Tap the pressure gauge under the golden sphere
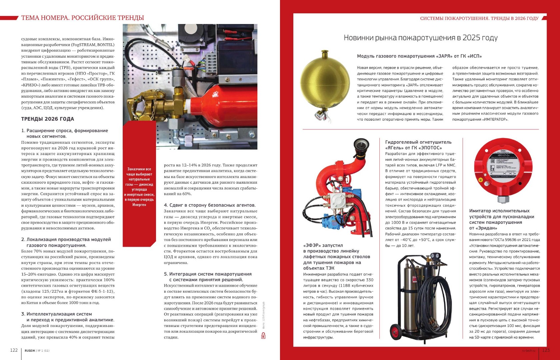317,115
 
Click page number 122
14,350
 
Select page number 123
546,350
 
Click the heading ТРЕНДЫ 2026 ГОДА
48,119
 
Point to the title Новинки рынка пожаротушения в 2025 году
420,38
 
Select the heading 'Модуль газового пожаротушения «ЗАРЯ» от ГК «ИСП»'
419,56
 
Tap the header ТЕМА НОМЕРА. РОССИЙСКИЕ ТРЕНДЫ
83,18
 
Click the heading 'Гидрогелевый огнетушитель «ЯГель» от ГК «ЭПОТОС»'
418,145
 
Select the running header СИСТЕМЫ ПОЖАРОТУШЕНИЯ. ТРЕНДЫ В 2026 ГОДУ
479,18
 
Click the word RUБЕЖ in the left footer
30,350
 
